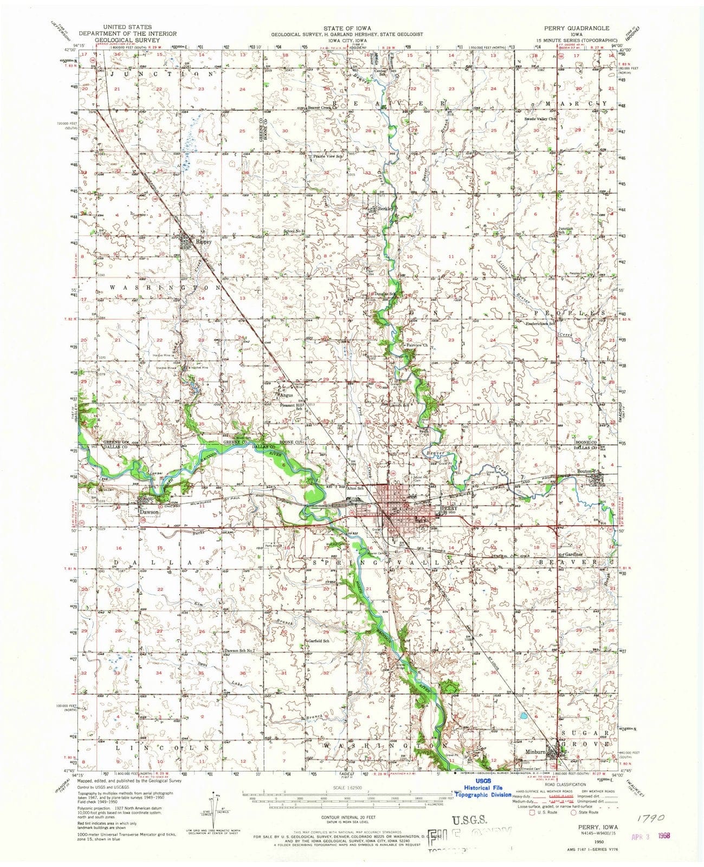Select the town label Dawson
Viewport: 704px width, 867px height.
pos(148,512)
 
